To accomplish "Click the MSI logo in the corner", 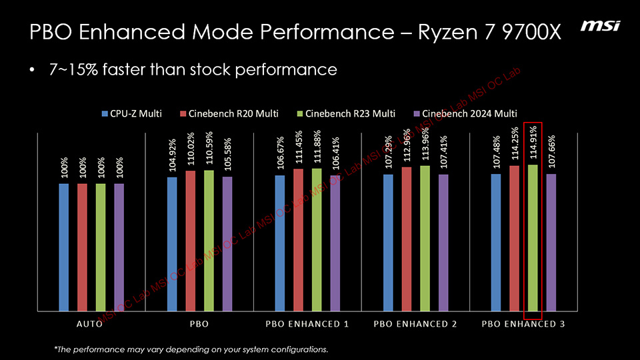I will click(600, 26).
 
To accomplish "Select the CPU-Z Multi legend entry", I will click(131, 113).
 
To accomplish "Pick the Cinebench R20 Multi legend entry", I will click(229, 113).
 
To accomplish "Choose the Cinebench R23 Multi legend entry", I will click(346, 113).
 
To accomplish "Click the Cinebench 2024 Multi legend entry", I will click(465, 113).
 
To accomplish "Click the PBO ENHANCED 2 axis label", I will click(415, 324).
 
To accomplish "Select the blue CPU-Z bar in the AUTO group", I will click(64, 247).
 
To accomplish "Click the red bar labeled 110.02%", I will click(191, 240).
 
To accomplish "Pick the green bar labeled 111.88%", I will click(317, 239).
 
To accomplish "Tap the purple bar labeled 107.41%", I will click(443, 243).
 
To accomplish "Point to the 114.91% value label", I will click(533, 143).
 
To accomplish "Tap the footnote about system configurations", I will click(191, 349).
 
